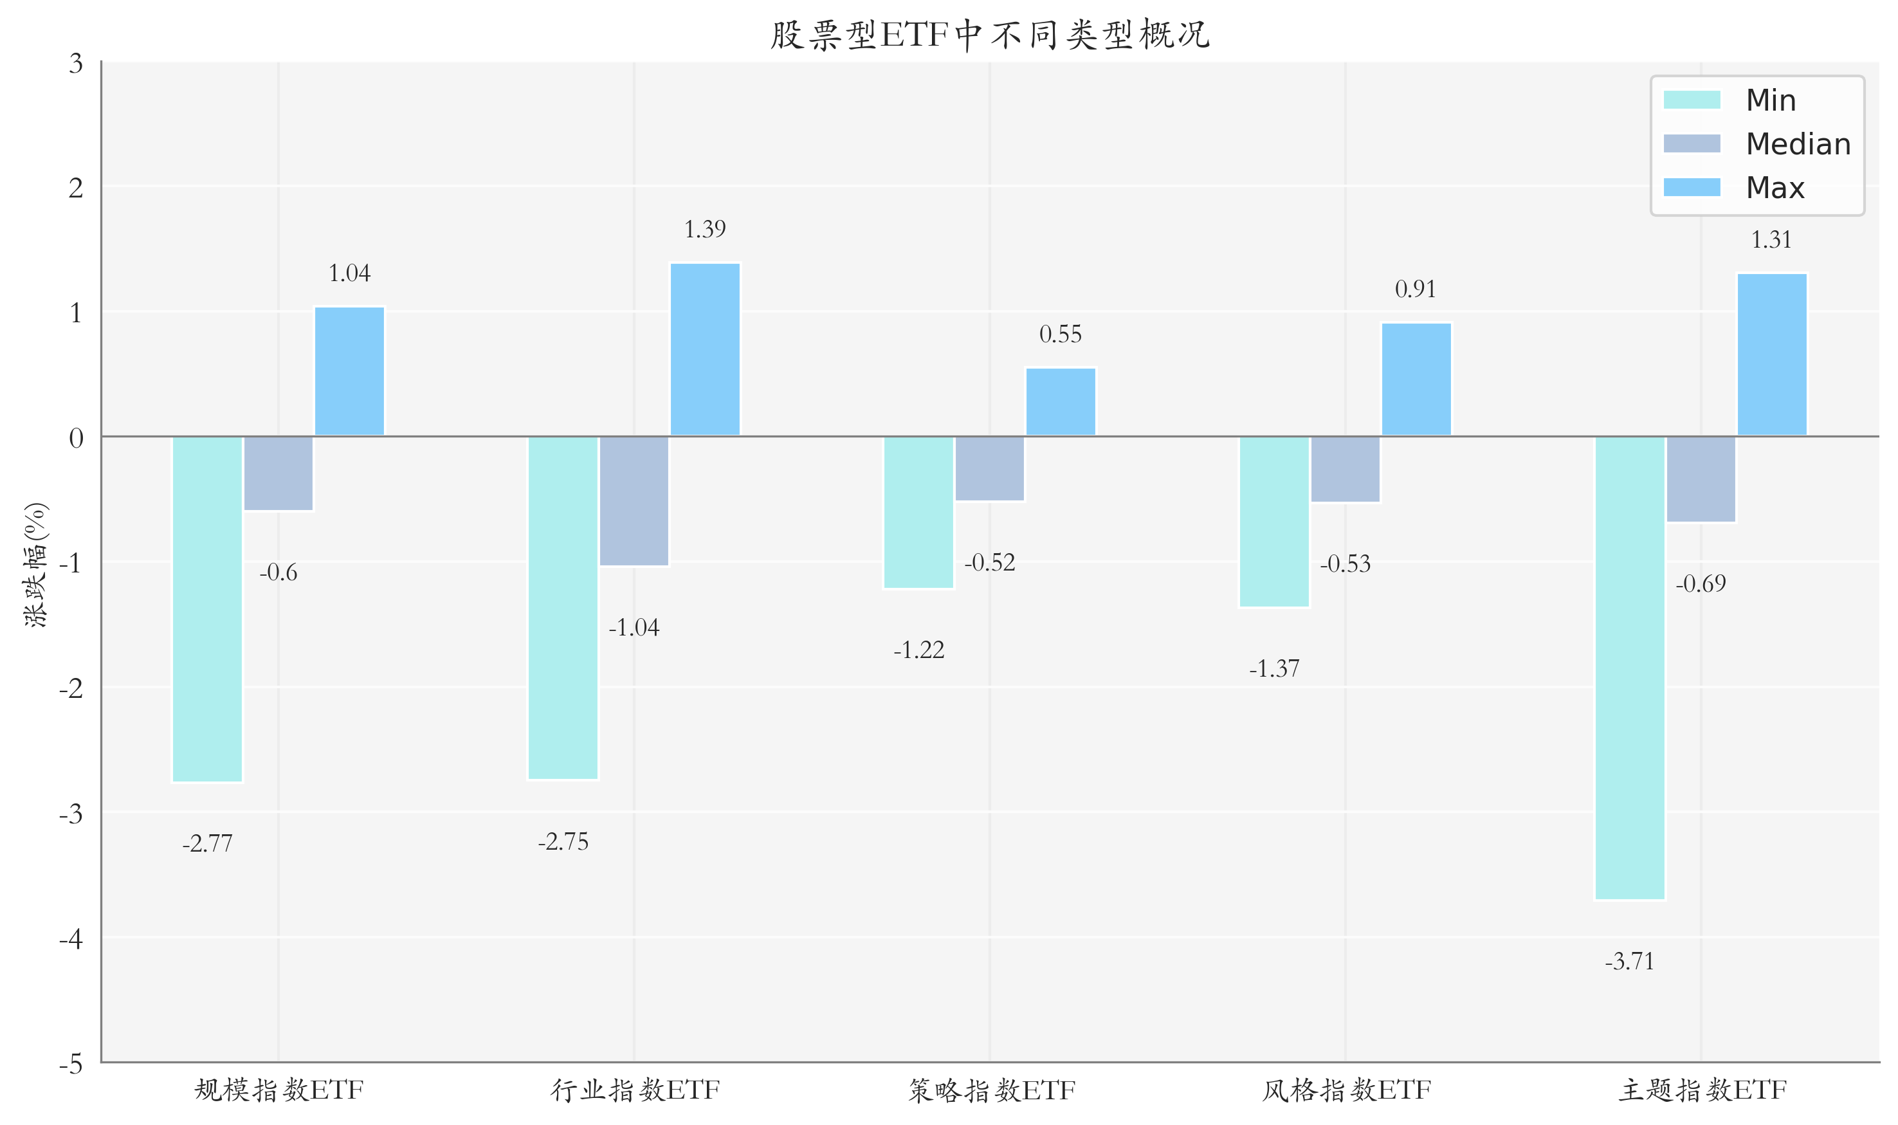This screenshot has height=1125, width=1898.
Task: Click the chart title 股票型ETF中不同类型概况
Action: click(x=989, y=35)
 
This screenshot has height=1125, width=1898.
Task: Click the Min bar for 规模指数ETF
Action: click(x=207, y=608)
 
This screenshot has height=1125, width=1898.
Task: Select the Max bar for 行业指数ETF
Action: click(x=705, y=349)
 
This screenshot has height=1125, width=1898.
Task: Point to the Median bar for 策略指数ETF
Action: click(x=989, y=468)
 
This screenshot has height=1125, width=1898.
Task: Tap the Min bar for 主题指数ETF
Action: click(x=1630, y=668)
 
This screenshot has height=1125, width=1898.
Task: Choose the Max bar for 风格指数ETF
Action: click(x=1416, y=379)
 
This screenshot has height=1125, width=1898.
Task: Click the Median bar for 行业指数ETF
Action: click(x=634, y=501)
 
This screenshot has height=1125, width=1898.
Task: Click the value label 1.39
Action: click(x=705, y=229)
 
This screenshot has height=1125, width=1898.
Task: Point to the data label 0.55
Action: click(x=1061, y=334)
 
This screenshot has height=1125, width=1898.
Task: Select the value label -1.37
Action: click(x=1274, y=669)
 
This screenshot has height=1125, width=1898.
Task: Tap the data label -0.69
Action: click(x=1700, y=584)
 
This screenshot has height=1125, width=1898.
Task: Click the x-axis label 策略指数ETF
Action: click(x=991, y=1091)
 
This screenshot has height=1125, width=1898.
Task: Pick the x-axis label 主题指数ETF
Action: click(x=1702, y=1091)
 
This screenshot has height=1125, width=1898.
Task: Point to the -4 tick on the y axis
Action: click(x=72, y=939)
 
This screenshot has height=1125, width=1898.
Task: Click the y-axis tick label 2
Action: click(x=76, y=187)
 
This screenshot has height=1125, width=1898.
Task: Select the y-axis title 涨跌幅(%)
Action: click(x=35, y=565)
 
